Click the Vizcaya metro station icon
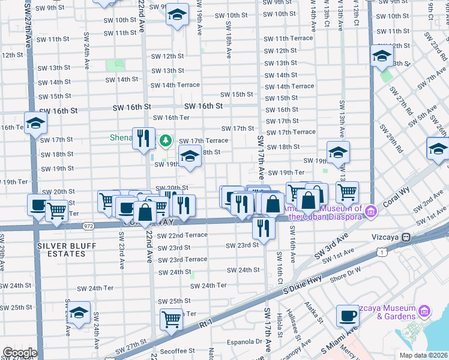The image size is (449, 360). [406, 237]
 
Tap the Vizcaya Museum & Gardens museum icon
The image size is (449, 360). [424, 311]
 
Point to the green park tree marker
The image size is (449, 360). [166, 141]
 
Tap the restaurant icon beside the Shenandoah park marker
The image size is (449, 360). [143, 138]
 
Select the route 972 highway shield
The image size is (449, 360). [89, 226]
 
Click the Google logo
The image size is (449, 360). [20, 352]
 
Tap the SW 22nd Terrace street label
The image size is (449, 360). [182, 235]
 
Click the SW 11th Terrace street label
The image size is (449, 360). [289, 38]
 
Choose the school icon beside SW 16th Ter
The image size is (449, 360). [36, 124]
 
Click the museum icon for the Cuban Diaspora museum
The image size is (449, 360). [370, 211]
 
